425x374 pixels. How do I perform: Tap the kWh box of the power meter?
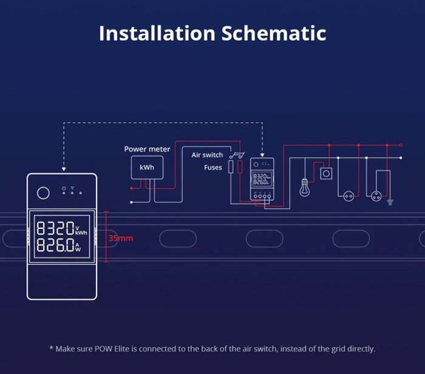click(147, 168)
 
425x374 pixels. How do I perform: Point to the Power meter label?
click(147, 149)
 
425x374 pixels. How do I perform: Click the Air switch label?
click(207, 155)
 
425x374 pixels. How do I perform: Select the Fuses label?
click(213, 167)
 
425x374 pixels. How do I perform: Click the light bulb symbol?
click(305, 186)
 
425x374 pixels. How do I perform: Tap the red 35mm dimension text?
click(120, 238)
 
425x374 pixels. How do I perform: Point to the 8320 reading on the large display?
click(55, 229)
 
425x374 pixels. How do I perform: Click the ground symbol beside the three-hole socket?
click(390, 202)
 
